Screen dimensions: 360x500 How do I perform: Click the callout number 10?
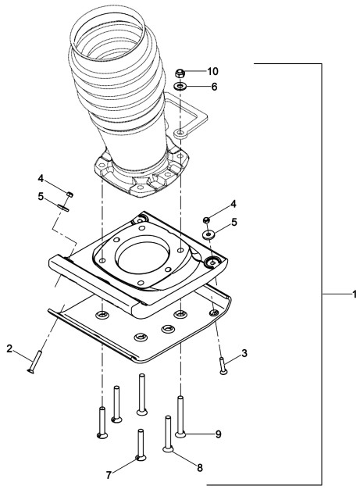pyautogui.click(x=212, y=71)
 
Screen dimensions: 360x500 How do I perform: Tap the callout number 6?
pyautogui.click(x=214, y=87)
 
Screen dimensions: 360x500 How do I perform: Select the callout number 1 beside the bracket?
pyautogui.click(x=355, y=294)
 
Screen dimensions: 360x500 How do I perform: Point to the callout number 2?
pyautogui.click(x=9, y=348)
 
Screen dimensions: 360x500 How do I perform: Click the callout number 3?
pyautogui.click(x=244, y=353)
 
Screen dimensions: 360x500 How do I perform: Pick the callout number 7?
pyautogui.click(x=109, y=476)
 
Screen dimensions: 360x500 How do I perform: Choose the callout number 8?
pyautogui.click(x=200, y=468)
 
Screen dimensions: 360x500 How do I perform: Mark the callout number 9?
pyautogui.click(x=218, y=434)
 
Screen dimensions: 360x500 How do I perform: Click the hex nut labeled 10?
pyautogui.click(x=180, y=73)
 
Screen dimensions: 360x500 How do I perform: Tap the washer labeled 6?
pyautogui.click(x=180, y=86)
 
